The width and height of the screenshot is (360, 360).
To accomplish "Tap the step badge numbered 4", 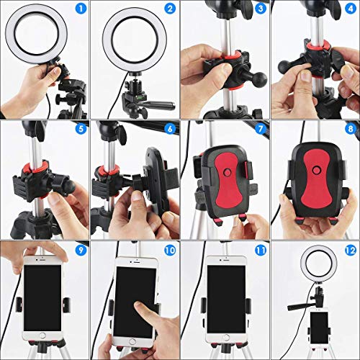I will (348, 9).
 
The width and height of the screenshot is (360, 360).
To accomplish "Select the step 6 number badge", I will (170, 130).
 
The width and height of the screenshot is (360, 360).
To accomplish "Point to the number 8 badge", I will (348, 130).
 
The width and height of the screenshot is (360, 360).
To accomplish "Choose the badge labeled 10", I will (170, 251).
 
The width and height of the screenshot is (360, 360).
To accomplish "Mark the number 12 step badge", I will (348, 251).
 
